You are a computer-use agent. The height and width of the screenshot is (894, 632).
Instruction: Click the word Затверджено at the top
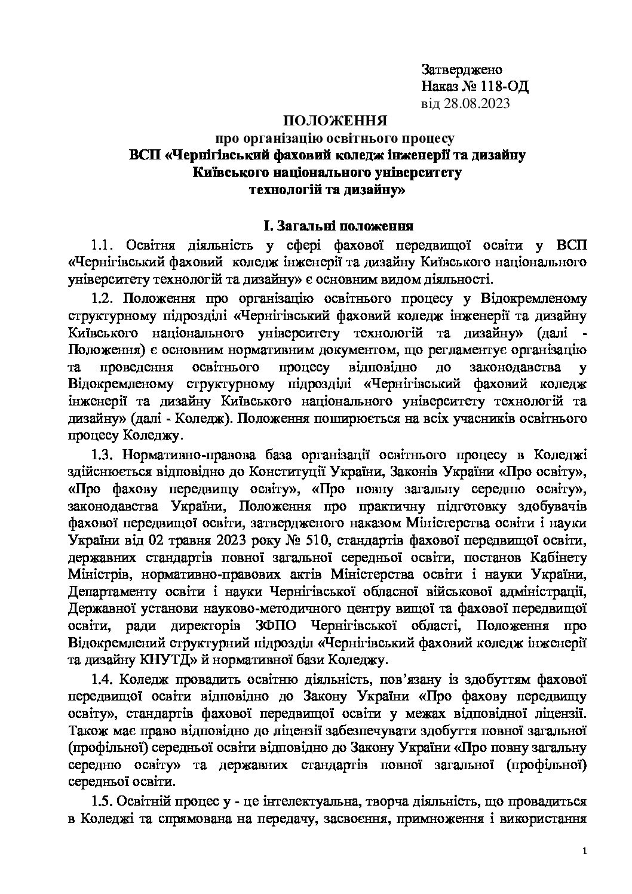click(462, 70)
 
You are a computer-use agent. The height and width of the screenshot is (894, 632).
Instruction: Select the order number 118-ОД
click(505, 87)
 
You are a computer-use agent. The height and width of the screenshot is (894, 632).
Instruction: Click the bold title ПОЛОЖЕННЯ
click(336, 121)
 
